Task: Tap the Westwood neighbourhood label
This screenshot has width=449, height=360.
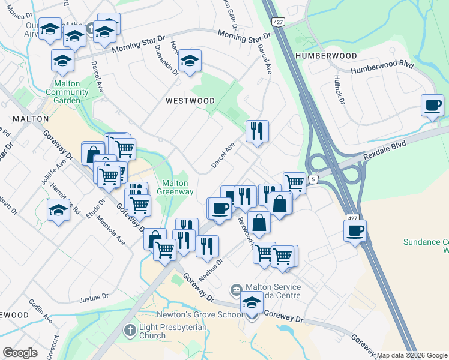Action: tap(190, 101)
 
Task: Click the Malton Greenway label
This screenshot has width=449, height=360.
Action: tap(175, 188)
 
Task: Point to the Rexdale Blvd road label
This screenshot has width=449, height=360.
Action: tap(385, 152)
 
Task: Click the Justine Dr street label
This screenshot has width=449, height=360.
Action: tap(94, 297)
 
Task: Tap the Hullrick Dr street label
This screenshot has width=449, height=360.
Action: tap(340, 89)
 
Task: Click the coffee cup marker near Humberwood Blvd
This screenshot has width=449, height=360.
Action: tap(432, 106)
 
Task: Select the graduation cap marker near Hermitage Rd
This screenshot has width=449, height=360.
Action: tap(58, 210)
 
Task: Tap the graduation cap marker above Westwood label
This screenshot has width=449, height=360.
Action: tap(190, 60)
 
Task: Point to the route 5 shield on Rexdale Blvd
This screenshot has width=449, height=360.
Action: tap(313, 179)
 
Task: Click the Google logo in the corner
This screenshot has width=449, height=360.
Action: tap(20, 353)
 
